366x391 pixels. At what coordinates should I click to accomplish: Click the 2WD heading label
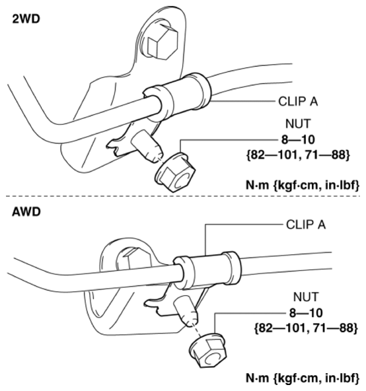pos(26,19)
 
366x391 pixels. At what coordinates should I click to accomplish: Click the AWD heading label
pos(26,212)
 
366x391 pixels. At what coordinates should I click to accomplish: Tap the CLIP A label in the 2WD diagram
pos(298,102)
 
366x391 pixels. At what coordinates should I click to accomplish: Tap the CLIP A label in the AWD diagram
pos(306,225)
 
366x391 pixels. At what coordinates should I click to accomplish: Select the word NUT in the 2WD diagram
pos(298,124)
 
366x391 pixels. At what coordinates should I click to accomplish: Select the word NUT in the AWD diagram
pos(306,297)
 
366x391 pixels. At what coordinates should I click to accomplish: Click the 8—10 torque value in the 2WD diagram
pos(298,139)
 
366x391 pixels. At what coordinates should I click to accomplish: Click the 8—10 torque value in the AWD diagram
pos(306,313)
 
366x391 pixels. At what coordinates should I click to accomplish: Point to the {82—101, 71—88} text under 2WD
pos(298,155)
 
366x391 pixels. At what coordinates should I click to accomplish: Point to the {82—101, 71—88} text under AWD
pos(306,328)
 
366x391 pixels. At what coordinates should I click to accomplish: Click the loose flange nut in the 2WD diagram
pos(175,172)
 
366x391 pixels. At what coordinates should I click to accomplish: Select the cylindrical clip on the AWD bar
pos(207,270)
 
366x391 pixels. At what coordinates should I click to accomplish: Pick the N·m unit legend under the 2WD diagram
pos(303,185)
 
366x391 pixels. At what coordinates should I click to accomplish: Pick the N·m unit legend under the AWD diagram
pos(303,378)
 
